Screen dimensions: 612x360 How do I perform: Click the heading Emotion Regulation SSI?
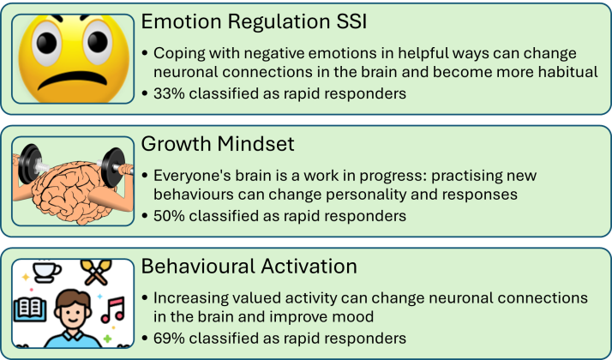254,21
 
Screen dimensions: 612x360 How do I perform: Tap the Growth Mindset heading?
218,144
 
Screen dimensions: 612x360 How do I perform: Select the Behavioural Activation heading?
249,267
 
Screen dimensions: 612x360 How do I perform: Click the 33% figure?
169,93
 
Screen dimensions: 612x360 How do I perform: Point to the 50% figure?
169,216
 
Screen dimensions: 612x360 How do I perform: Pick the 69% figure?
169,338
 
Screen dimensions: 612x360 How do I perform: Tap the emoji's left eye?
46,42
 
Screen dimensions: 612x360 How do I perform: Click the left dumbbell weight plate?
29,164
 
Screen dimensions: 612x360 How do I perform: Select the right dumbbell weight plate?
113,167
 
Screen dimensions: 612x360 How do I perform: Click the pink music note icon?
113,309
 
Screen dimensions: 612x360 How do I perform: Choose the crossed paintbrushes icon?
96,272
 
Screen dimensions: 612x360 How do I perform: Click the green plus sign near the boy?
107,339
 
